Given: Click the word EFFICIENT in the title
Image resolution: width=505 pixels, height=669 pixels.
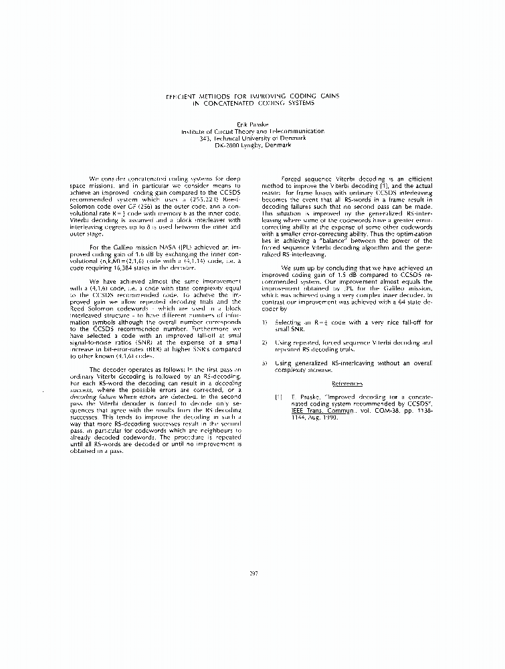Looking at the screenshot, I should coord(183,96).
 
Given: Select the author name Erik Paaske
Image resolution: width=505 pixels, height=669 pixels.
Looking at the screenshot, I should coord(252,125).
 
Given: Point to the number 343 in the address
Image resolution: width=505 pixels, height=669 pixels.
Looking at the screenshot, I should coord(205,138).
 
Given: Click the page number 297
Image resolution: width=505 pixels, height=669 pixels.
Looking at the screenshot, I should coord(253,573).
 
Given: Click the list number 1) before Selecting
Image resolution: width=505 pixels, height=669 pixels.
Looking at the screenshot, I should coord(265,322).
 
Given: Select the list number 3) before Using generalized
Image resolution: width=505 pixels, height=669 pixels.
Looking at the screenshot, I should coord(265,362).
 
